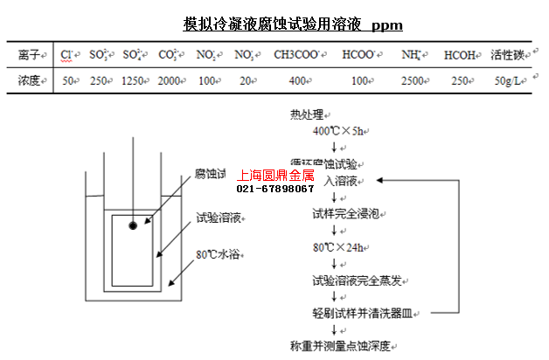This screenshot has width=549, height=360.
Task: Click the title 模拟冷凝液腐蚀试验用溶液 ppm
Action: pyautogui.click(x=293, y=24)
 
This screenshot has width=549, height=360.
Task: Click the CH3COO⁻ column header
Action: pyautogui.click(x=295, y=55)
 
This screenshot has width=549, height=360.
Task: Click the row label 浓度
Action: pyautogui.click(x=29, y=80)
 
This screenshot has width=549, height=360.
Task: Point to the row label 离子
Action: pyautogui.click(x=29, y=55)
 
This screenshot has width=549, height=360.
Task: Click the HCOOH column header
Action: pyautogui.click(x=460, y=55)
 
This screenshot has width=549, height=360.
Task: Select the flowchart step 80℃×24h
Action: pyautogui.click(x=339, y=246)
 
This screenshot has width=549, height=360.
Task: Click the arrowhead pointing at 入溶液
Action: pyautogui.click(x=380, y=181)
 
